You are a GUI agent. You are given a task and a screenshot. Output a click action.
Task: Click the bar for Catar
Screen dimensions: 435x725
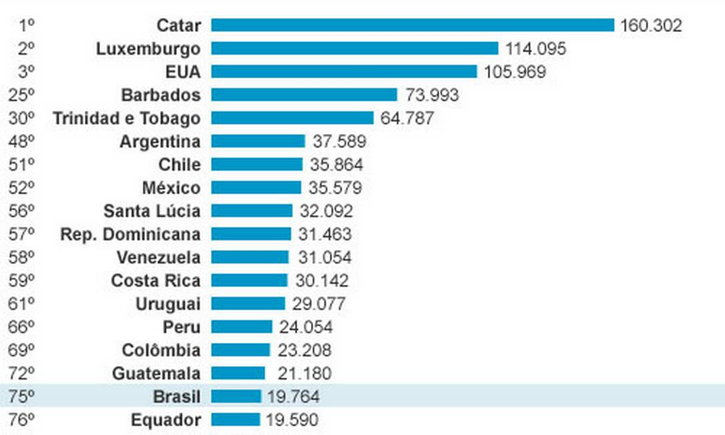413,25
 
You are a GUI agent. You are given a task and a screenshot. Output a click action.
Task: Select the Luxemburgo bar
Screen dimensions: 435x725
354,49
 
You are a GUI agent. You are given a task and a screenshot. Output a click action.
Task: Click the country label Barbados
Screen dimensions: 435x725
161,95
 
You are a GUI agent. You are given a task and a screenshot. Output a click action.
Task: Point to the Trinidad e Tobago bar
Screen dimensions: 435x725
292,118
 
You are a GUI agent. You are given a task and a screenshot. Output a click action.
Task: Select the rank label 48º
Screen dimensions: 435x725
21,141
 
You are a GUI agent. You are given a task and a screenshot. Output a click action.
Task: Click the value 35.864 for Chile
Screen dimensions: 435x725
336,165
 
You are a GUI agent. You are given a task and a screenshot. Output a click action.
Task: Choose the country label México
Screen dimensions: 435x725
171,188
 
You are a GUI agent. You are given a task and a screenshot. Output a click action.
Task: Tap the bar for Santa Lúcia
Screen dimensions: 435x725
252,211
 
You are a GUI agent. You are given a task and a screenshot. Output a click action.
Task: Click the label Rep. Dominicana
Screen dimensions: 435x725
130,234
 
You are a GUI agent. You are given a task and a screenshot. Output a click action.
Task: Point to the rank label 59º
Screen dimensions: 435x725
21,281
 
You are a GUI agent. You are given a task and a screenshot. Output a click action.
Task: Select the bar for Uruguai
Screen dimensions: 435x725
248,304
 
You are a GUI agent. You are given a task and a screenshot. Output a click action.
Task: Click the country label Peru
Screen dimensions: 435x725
181,327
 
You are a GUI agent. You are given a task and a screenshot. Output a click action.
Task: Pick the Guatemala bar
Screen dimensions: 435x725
238,374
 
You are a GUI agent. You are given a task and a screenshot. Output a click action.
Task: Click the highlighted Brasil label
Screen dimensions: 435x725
176,397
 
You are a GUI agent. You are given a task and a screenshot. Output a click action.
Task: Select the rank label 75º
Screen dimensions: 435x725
21,397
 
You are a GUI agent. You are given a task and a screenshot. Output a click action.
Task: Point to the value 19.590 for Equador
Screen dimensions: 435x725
292,420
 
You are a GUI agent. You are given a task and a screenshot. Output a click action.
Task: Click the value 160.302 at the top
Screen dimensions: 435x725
651,25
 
